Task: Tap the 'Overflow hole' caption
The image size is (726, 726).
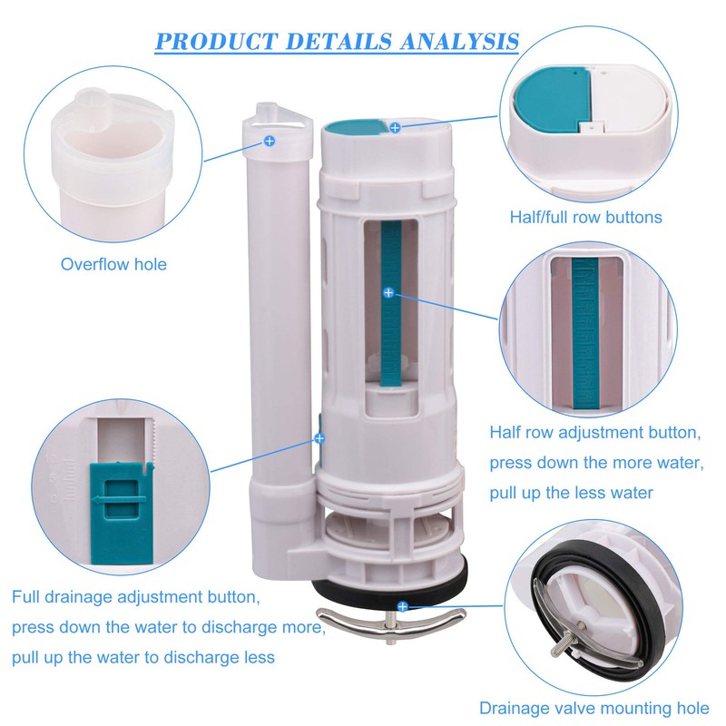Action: pos(113,264)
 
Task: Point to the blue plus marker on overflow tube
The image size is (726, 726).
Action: pos(269,141)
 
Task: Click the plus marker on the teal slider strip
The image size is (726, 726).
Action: pos(388,293)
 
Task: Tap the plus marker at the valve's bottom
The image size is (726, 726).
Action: pos(401,605)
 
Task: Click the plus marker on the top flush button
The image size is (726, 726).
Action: pos(395,129)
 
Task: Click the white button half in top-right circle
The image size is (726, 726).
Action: pos(626,104)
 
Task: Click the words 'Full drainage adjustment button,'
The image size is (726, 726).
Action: pos(136,598)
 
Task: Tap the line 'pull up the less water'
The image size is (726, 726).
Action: pos(572,494)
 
